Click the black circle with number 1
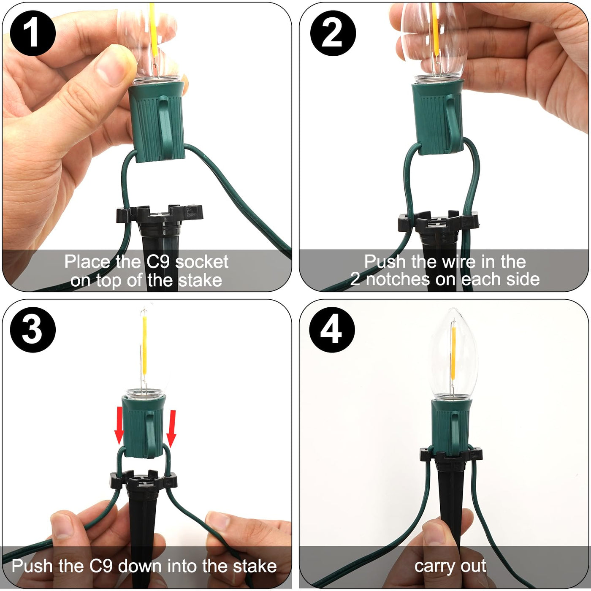tap(33, 33)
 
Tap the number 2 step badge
tap(333, 33)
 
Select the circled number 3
tap(33, 330)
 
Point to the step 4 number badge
tap(332, 330)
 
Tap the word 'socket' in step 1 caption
tap(202, 262)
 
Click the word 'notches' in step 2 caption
tap(397, 279)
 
